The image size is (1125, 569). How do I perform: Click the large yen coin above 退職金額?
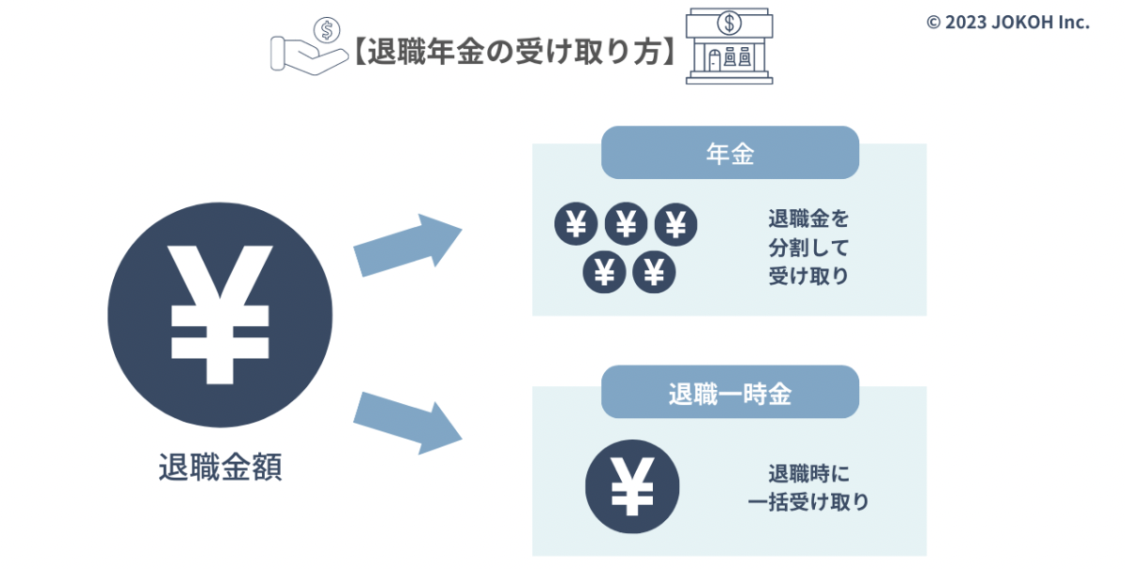coord(220,315)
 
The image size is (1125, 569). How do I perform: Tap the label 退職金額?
coord(220,467)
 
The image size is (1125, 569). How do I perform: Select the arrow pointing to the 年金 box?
coord(408,244)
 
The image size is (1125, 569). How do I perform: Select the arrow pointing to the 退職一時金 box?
coord(408,423)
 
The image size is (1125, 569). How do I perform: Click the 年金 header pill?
coord(729,153)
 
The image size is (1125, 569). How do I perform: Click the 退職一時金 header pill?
coord(729,393)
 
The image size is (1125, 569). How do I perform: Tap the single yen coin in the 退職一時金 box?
coord(632,486)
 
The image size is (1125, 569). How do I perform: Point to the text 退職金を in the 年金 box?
coord(808,219)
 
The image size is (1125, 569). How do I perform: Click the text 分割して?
coord(808,248)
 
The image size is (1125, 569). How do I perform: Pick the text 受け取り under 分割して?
coord(808,275)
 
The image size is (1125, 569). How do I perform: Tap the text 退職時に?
coord(808,474)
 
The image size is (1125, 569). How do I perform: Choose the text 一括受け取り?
coord(808,501)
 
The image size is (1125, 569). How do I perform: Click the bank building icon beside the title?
coord(729,47)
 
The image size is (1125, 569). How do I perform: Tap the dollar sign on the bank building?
coord(729,23)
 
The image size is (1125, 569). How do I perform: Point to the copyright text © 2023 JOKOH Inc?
coord(1008,23)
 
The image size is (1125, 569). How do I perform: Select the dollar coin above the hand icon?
coord(327,31)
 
